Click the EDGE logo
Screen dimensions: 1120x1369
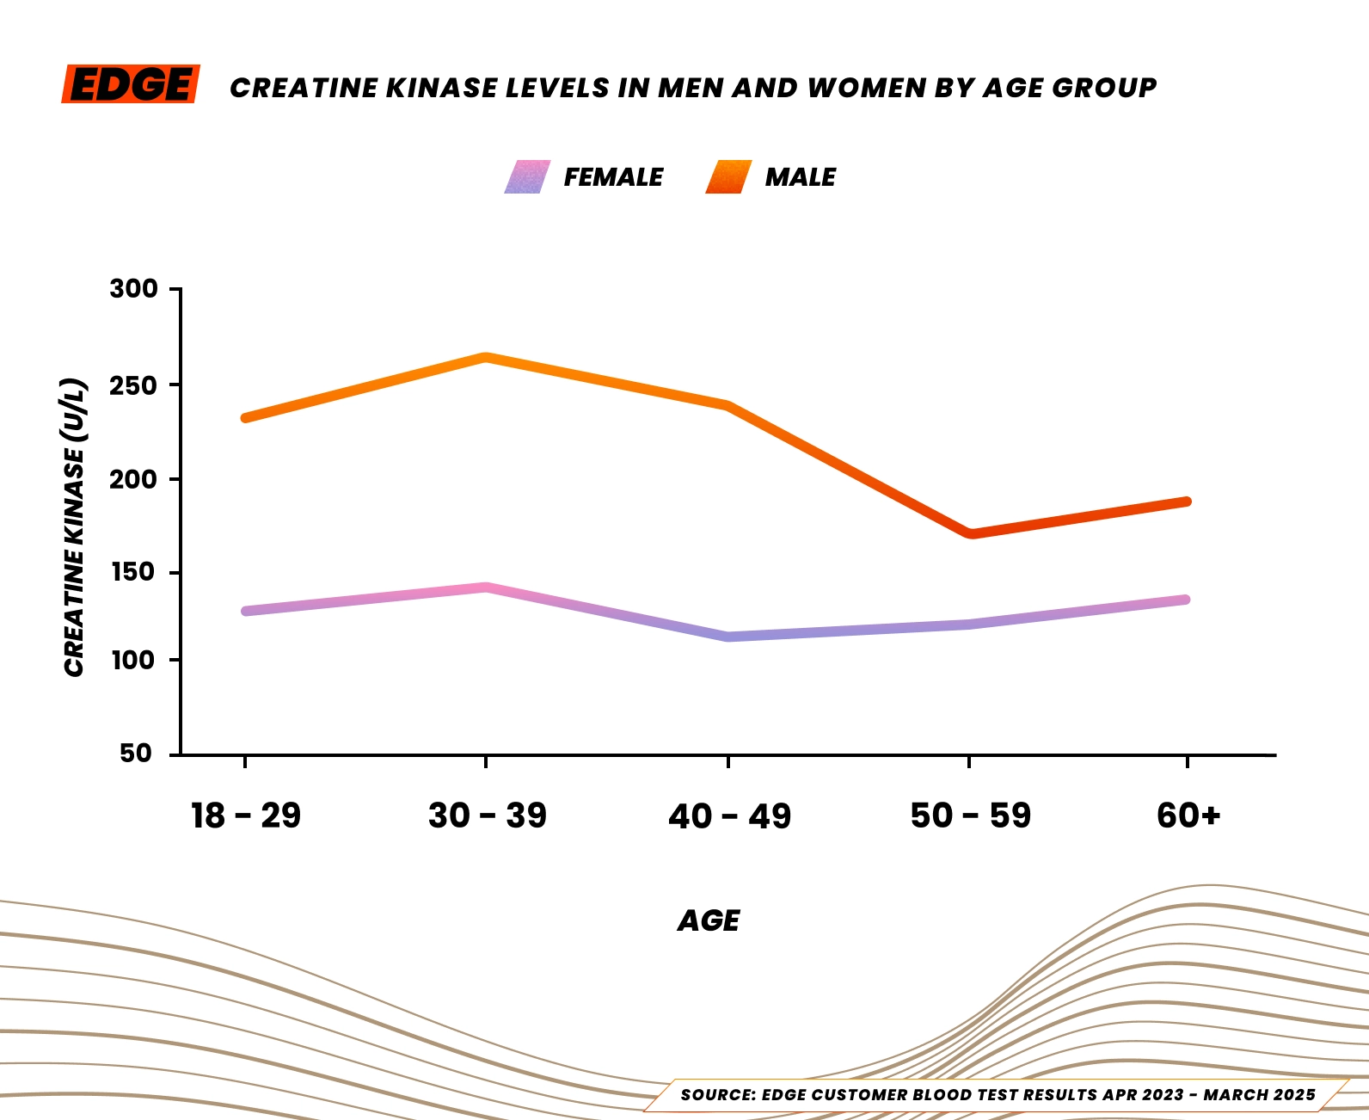point(131,84)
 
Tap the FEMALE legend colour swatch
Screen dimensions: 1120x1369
point(527,177)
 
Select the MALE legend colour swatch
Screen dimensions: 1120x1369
point(728,177)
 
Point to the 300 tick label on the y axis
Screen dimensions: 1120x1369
point(134,289)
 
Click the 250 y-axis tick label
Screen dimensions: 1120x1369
point(134,385)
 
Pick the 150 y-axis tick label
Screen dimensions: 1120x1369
point(134,572)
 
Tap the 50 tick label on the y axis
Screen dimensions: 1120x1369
point(137,754)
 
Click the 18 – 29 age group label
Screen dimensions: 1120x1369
point(246,815)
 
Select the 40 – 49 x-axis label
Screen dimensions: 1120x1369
point(729,815)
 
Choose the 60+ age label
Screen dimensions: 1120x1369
point(1188,815)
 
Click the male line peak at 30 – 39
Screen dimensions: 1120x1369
point(486,357)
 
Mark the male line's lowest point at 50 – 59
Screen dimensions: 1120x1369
point(971,534)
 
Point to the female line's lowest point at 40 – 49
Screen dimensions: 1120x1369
point(728,637)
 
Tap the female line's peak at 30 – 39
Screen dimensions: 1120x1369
point(486,588)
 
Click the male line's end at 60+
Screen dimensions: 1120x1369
point(1187,502)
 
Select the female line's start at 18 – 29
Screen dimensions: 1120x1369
point(246,611)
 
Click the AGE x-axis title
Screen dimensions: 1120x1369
point(709,921)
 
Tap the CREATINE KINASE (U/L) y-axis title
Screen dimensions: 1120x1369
point(76,526)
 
